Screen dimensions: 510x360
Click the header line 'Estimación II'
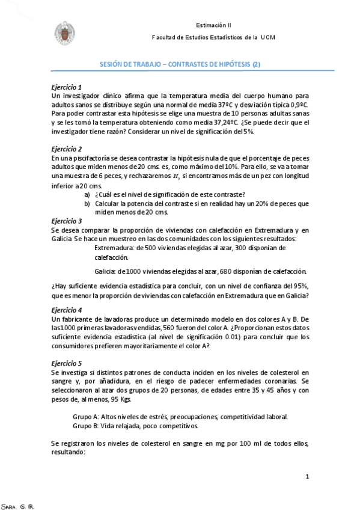point(213,25)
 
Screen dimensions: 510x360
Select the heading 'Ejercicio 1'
point(67,87)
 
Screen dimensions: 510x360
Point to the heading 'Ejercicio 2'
point(67,149)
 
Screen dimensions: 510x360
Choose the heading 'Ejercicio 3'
point(67,221)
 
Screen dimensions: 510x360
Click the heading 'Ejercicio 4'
point(67,310)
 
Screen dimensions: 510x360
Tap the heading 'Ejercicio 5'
point(67,364)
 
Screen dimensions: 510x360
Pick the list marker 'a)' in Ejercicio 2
point(88,194)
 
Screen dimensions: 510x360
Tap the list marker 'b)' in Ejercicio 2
point(88,203)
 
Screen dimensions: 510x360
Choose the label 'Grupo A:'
point(86,417)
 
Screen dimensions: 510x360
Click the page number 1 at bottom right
point(307,477)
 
